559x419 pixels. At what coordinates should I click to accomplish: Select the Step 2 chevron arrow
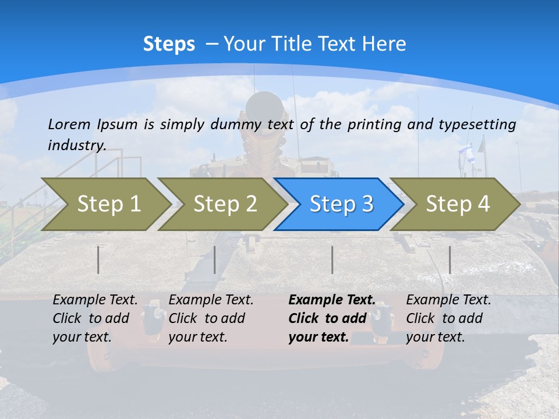click(224, 204)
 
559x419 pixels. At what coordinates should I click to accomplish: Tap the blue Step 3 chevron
click(341, 204)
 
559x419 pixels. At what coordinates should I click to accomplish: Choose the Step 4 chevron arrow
click(457, 204)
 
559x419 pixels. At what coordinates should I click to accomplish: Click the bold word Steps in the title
click(169, 44)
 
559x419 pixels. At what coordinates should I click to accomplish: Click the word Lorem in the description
click(69, 124)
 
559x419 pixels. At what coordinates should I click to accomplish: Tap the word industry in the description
click(76, 145)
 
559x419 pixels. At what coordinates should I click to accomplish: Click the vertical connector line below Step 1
click(98, 260)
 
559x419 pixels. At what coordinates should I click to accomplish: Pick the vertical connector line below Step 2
click(215, 260)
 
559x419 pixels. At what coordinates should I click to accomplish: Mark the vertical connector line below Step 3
click(332, 260)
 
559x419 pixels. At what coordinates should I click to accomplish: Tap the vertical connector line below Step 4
click(450, 260)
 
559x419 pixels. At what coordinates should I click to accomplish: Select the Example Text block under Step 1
click(95, 318)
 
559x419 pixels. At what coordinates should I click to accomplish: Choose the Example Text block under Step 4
click(448, 318)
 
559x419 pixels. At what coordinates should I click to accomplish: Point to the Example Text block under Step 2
click(211, 318)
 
